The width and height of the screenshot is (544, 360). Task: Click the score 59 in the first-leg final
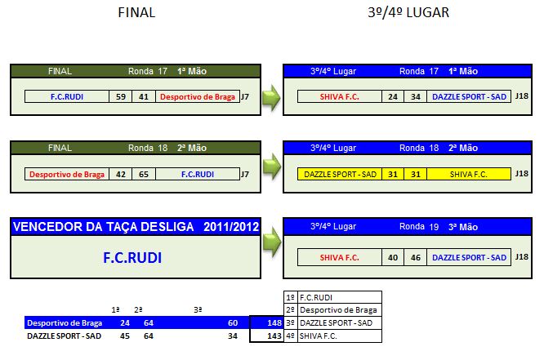click(121, 97)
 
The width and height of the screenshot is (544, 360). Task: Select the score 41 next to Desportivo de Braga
click(143, 97)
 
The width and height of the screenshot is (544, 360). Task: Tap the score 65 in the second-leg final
click(143, 174)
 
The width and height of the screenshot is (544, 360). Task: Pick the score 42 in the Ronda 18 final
click(121, 174)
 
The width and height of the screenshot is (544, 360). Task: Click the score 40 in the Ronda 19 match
click(393, 258)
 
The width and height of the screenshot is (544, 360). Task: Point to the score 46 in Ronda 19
click(415, 258)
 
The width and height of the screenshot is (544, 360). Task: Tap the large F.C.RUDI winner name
click(132, 258)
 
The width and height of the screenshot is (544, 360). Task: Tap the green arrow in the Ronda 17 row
click(271, 98)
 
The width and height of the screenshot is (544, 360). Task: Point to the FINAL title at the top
click(136, 13)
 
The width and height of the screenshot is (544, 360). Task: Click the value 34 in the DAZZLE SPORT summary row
click(234, 336)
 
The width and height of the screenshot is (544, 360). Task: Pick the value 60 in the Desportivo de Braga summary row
click(234, 322)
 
